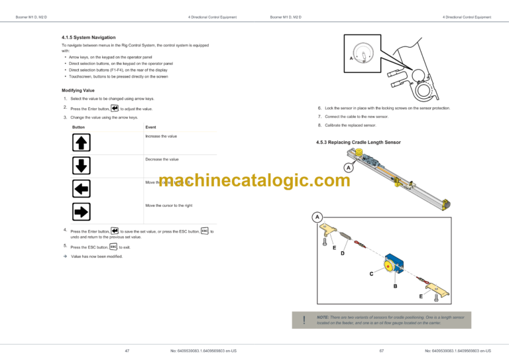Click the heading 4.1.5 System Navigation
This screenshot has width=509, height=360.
tap(88, 38)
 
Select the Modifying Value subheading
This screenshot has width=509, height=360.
tap(78, 90)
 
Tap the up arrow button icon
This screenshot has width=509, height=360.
tap(81, 142)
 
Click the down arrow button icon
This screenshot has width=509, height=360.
tap(81, 165)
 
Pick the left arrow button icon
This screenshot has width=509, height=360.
tap(81, 189)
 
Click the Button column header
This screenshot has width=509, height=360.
tap(78, 127)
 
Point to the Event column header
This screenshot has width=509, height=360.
tap(150, 127)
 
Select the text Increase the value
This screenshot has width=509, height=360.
tap(161, 136)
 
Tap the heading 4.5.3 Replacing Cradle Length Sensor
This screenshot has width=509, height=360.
tap(359, 143)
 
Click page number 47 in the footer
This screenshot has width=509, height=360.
tap(127, 350)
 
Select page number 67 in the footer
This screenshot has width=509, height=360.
tap(382, 350)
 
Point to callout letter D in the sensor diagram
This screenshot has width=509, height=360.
tap(343, 253)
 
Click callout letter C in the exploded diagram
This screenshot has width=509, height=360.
tap(371, 273)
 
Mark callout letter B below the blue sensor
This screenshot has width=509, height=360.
tap(395, 286)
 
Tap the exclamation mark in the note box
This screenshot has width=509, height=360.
tap(304, 320)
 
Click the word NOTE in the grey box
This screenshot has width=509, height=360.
tap(323, 318)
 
